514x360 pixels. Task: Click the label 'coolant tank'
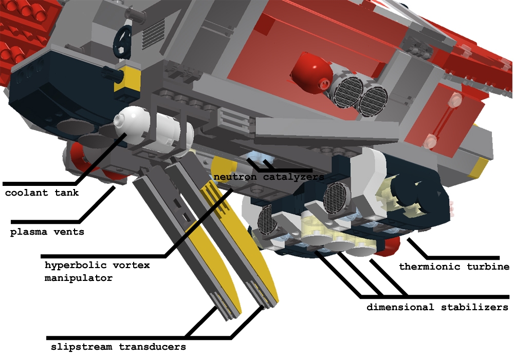pyautogui.click(x=42, y=193)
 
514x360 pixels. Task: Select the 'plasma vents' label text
pyautogui.click(x=47, y=232)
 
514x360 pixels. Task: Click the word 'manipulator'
pyautogui.click(x=79, y=278)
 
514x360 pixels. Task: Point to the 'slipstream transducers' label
pyautogui.click(x=118, y=347)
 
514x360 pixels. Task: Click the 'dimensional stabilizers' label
pyautogui.click(x=437, y=308)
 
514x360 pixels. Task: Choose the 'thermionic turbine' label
pyautogui.click(x=454, y=267)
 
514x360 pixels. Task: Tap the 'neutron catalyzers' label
pyautogui.click(x=269, y=177)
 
